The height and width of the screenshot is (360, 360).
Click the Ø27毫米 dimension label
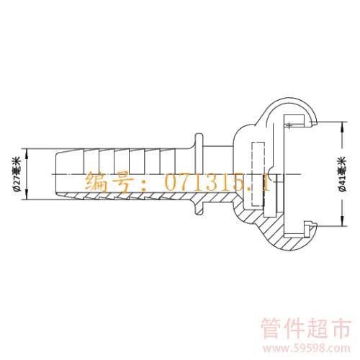pyautogui.click(x=17, y=174)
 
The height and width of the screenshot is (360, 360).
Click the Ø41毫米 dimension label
pyautogui.click(x=343, y=174)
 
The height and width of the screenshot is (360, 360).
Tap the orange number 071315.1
pyautogui.click(x=217, y=182)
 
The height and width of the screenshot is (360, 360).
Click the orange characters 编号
pyautogui.click(x=109, y=182)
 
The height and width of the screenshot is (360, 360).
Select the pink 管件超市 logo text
pyautogui.click(x=306, y=328)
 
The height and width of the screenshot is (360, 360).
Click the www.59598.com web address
pyautogui.click(x=306, y=348)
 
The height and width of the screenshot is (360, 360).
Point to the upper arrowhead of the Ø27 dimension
pyautogui.click(x=27, y=153)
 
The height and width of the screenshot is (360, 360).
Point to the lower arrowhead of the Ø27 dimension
pyautogui.click(x=27, y=195)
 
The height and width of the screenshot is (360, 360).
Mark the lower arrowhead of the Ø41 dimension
pyautogui.click(x=342, y=221)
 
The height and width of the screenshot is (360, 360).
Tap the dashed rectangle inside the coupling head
pyautogui.click(x=258, y=174)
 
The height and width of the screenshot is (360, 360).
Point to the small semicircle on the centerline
pyautogui.click(x=271, y=174)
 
